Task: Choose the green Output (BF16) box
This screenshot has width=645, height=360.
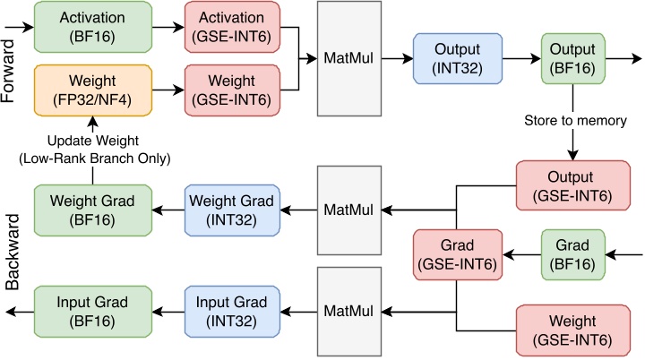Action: pos(572,58)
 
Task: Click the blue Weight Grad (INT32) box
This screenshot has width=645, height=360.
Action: pos(230,210)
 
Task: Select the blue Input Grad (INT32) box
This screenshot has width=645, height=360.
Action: pos(230,310)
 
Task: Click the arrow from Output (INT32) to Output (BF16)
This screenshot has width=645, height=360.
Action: pos(521,58)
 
